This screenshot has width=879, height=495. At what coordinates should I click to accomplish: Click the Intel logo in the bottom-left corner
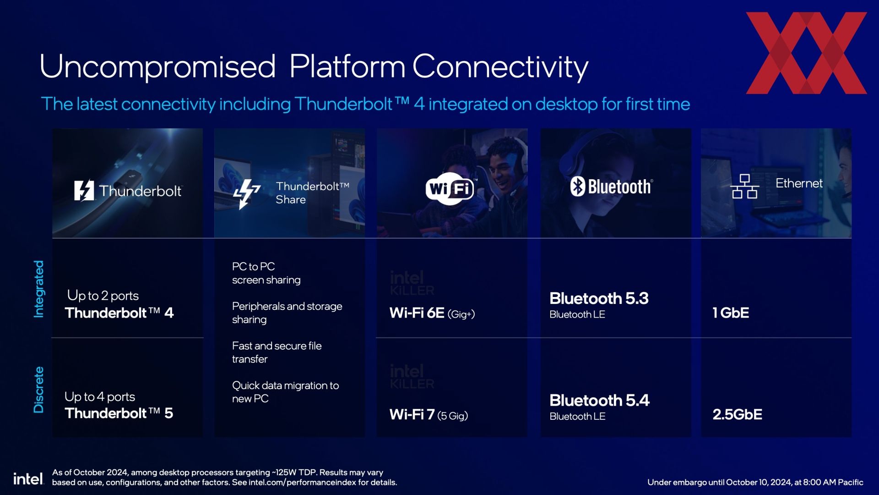click(x=28, y=479)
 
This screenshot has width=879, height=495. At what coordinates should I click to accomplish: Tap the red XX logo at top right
click(x=807, y=53)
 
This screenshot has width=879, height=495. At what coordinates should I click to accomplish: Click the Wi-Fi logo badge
click(x=450, y=188)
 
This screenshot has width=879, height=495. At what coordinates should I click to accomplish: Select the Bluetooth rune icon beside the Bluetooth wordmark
click(x=578, y=187)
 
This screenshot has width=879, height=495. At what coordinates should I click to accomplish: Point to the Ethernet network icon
click(x=744, y=186)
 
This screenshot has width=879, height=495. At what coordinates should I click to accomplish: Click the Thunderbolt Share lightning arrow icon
click(x=246, y=194)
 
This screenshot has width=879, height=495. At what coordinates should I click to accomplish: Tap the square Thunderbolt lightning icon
click(x=84, y=190)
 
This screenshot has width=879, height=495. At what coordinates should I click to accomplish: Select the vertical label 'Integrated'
click(x=39, y=289)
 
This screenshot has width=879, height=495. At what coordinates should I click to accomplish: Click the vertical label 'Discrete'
click(x=39, y=390)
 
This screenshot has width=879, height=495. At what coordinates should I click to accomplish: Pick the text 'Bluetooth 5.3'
click(x=599, y=298)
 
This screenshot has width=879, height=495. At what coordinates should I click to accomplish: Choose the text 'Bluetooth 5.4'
click(x=599, y=400)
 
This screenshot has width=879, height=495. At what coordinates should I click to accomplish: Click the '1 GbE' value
click(x=731, y=313)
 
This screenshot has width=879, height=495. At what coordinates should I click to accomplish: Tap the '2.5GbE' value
click(x=737, y=414)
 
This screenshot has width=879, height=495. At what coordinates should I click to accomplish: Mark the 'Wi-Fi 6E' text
click(x=417, y=313)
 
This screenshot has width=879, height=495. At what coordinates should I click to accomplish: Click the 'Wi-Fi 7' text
click(x=412, y=415)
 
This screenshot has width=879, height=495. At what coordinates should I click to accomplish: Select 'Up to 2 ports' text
click(x=103, y=296)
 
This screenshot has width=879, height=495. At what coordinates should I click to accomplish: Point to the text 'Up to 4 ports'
click(x=100, y=396)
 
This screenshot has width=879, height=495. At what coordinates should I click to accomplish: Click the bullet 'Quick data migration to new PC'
click(x=285, y=392)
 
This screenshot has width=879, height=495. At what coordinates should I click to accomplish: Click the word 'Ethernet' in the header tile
click(x=799, y=183)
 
